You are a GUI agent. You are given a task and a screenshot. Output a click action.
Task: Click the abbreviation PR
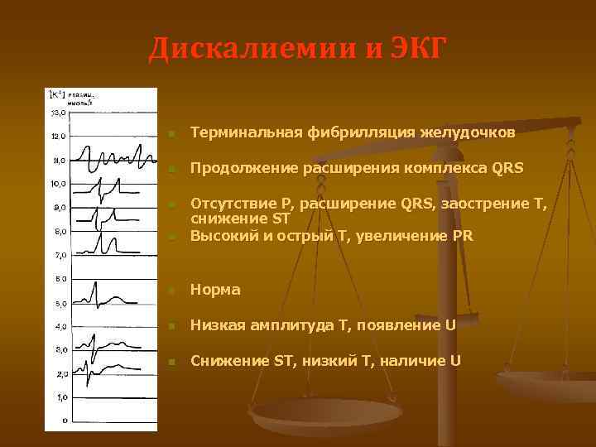click(x=464, y=235)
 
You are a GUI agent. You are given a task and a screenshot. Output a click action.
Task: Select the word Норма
click(x=215, y=290)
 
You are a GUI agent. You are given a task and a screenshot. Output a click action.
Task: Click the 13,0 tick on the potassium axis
click(x=57, y=112)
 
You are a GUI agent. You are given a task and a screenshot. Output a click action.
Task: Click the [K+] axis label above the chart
click(x=58, y=93)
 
